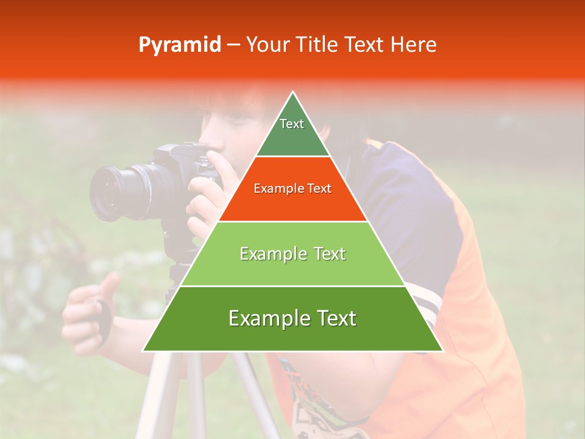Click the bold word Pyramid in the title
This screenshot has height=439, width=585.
coord(179,45)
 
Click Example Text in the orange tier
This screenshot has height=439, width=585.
coord(292,188)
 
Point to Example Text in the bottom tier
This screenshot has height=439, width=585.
coord(292,318)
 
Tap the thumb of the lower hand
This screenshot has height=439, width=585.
coord(110,284)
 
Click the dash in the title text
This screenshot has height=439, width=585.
coord(233,45)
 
